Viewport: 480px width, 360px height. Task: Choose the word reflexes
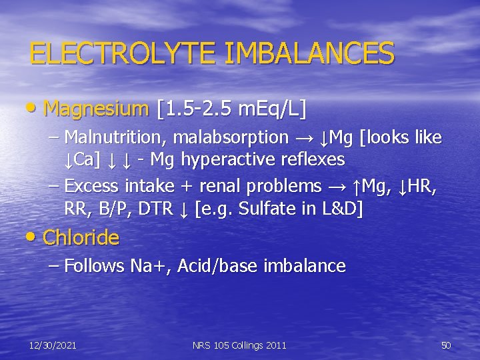(x=309, y=159)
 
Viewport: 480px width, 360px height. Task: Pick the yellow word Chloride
(x=81, y=237)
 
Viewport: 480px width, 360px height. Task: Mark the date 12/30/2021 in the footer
(x=53, y=345)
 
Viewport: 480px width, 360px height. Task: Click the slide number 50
(x=446, y=345)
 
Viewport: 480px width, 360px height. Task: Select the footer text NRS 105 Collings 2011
(x=239, y=345)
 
